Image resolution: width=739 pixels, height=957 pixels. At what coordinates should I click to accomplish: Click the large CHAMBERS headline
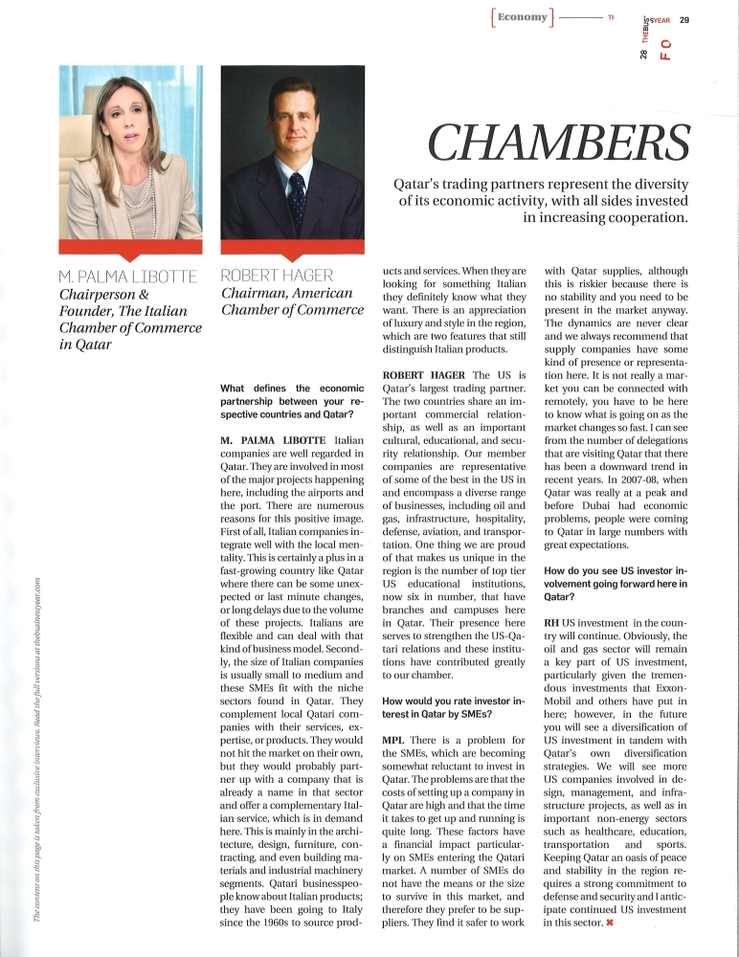pyautogui.click(x=558, y=142)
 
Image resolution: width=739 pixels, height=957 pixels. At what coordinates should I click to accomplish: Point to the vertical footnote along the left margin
pyautogui.click(x=36, y=746)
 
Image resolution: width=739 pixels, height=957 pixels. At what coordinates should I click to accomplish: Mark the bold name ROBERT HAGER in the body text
pyautogui.click(x=422, y=372)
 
